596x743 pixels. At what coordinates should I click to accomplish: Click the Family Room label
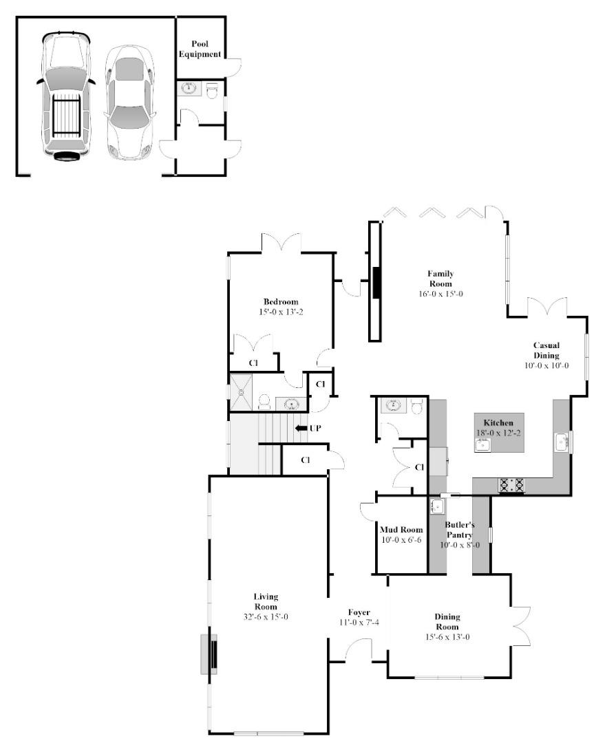(440, 278)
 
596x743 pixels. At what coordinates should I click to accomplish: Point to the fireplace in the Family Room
(376, 281)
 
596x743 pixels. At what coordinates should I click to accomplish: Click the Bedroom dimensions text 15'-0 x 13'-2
(280, 312)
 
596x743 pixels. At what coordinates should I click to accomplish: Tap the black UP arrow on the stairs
(301, 429)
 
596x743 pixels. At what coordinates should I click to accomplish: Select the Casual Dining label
(546, 349)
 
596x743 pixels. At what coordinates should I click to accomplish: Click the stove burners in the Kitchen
(511, 484)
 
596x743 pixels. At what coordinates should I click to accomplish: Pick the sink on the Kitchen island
(483, 444)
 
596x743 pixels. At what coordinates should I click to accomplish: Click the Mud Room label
(401, 530)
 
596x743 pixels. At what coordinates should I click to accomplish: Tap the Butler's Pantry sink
(437, 507)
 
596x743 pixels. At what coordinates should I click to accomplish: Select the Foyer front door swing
(358, 649)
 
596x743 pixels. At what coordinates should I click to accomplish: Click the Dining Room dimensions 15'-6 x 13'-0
(447, 637)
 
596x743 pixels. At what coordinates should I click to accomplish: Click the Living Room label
(266, 601)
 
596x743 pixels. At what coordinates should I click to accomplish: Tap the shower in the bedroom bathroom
(242, 391)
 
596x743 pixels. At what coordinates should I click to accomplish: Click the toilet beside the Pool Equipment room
(212, 89)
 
